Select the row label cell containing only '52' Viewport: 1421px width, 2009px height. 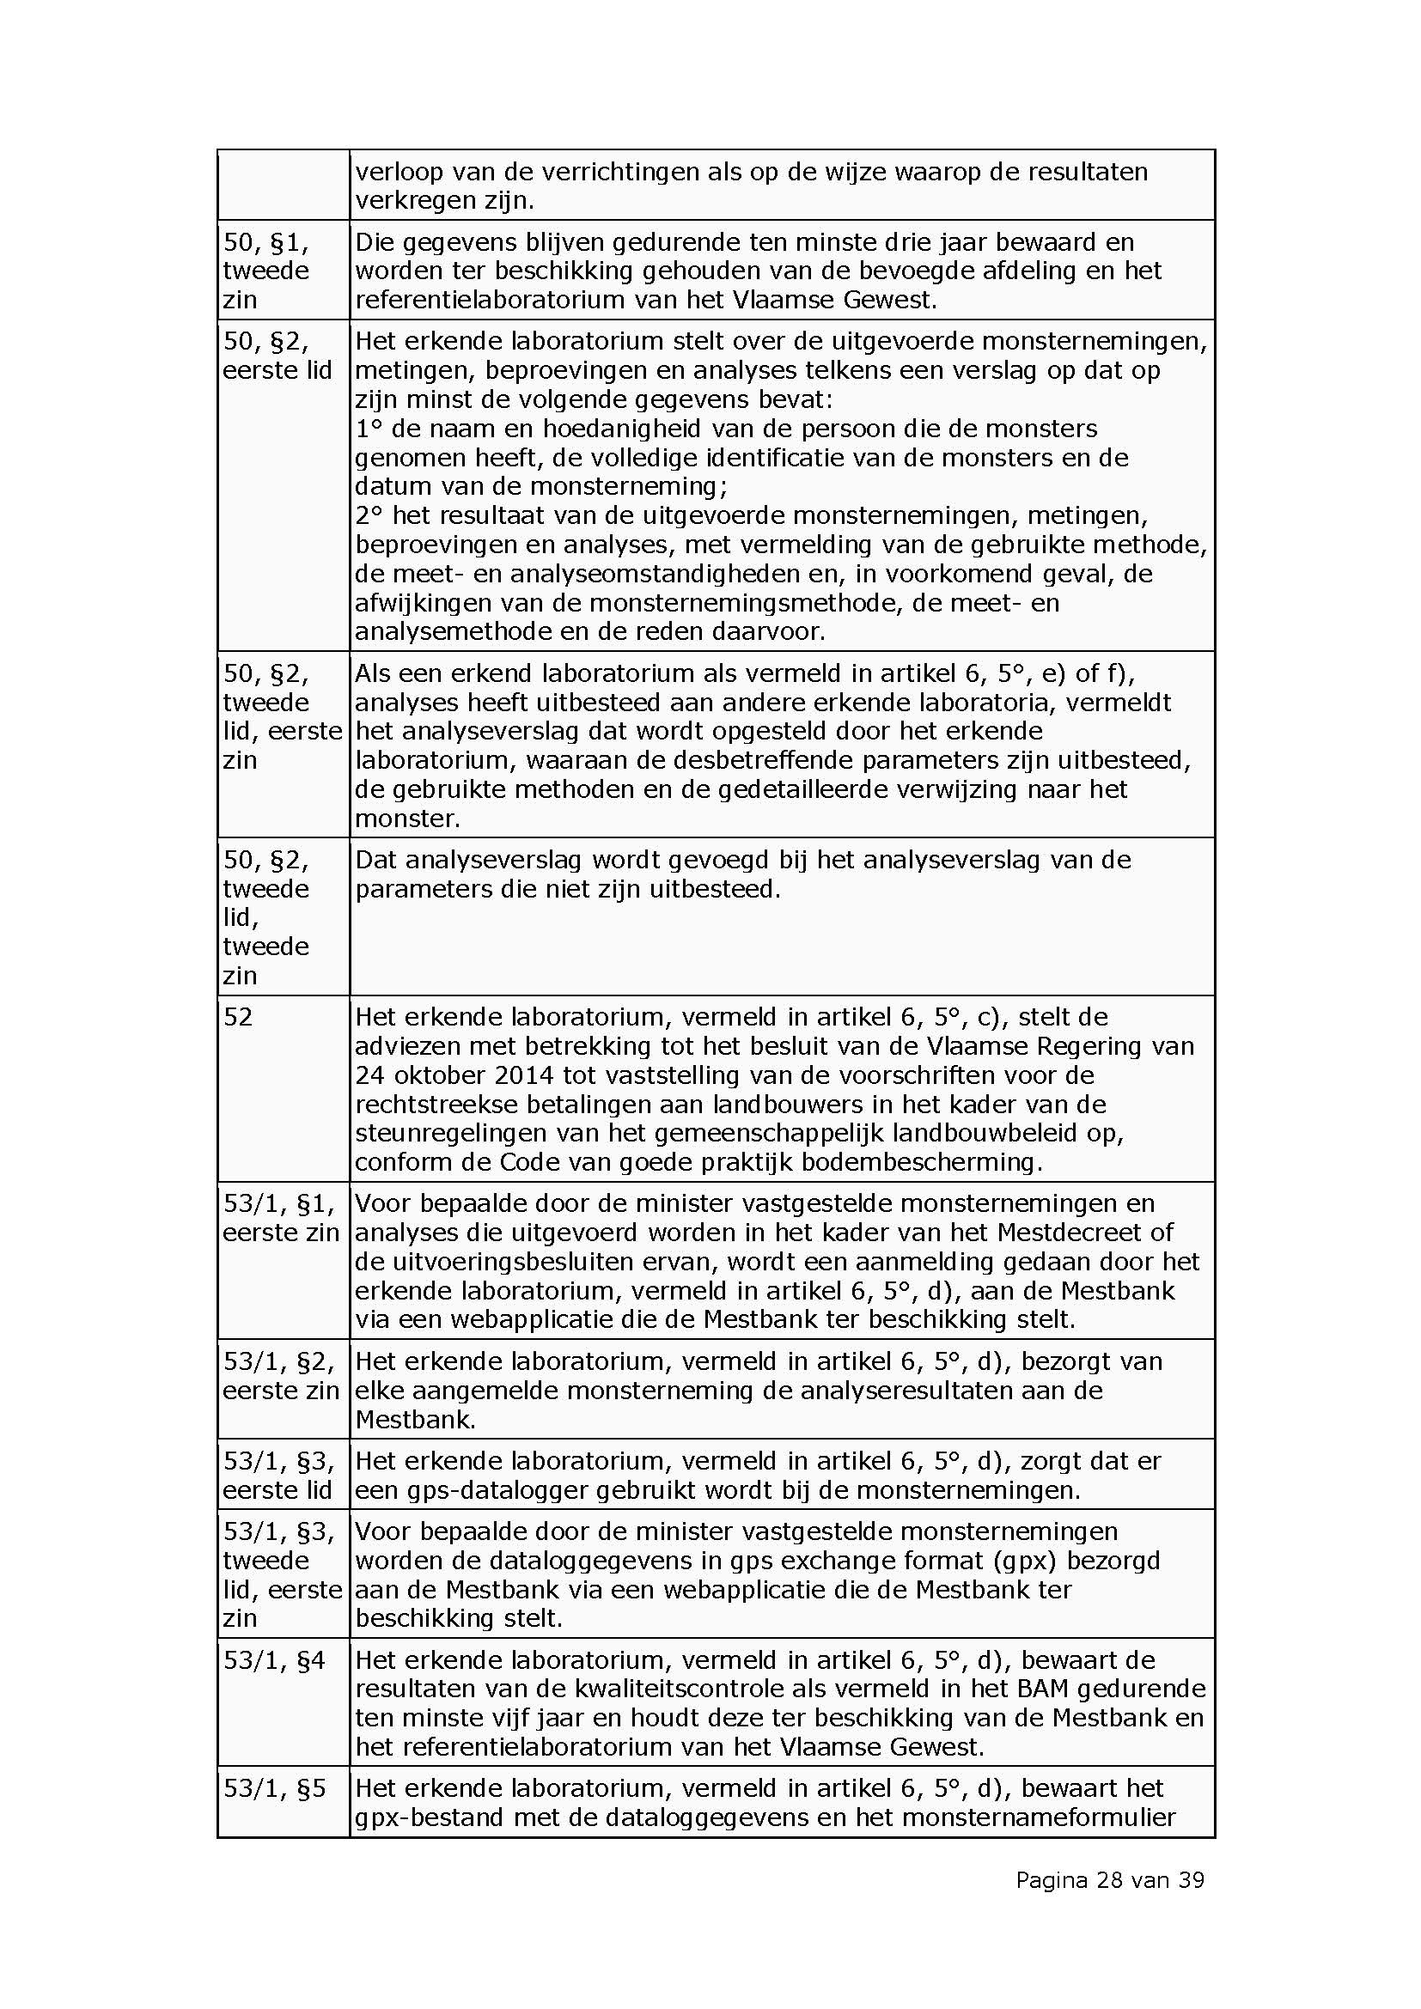[238, 1017]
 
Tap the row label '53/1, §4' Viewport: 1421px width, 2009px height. [274, 1660]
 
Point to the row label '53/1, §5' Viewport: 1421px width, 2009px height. [274, 1787]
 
